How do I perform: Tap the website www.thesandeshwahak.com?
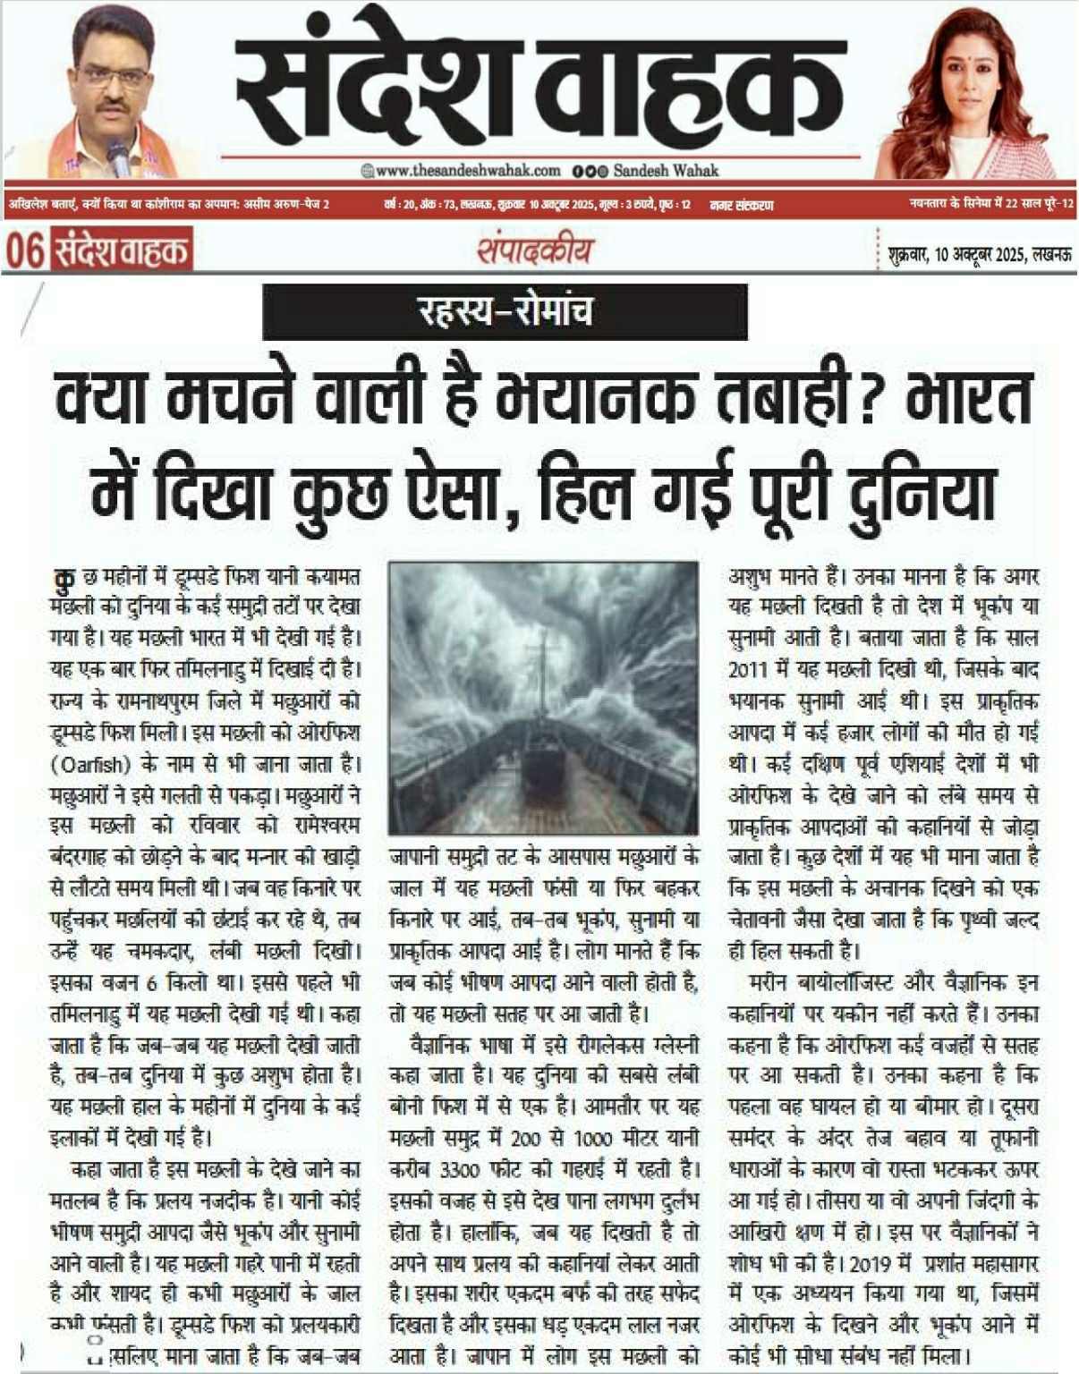click(467, 170)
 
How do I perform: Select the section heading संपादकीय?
click(534, 250)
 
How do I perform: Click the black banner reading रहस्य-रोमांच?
click(505, 311)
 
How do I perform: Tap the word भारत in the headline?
click(970, 399)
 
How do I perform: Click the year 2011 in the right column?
click(748, 669)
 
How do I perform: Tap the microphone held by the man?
click(117, 155)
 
